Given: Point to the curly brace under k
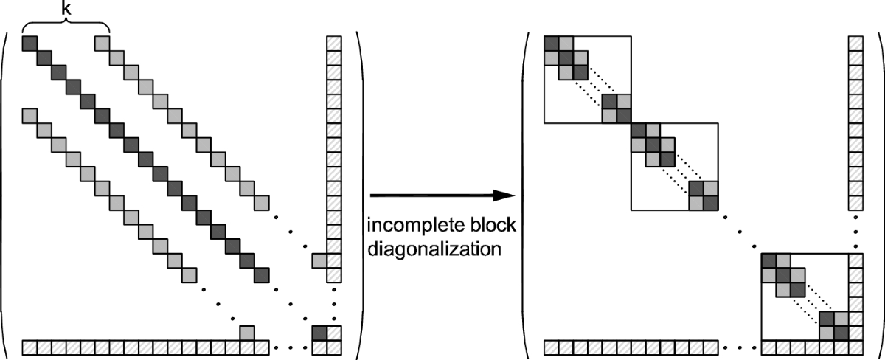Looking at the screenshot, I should [x=66, y=26].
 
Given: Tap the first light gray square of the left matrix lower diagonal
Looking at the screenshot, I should [x=29, y=117].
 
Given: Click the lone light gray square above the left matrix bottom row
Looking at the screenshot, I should [x=247, y=333].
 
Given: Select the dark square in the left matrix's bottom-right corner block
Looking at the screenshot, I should [x=319, y=333].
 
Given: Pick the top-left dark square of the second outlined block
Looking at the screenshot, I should [x=638, y=131].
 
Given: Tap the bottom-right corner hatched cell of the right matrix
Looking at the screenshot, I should [x=855, y=347].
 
